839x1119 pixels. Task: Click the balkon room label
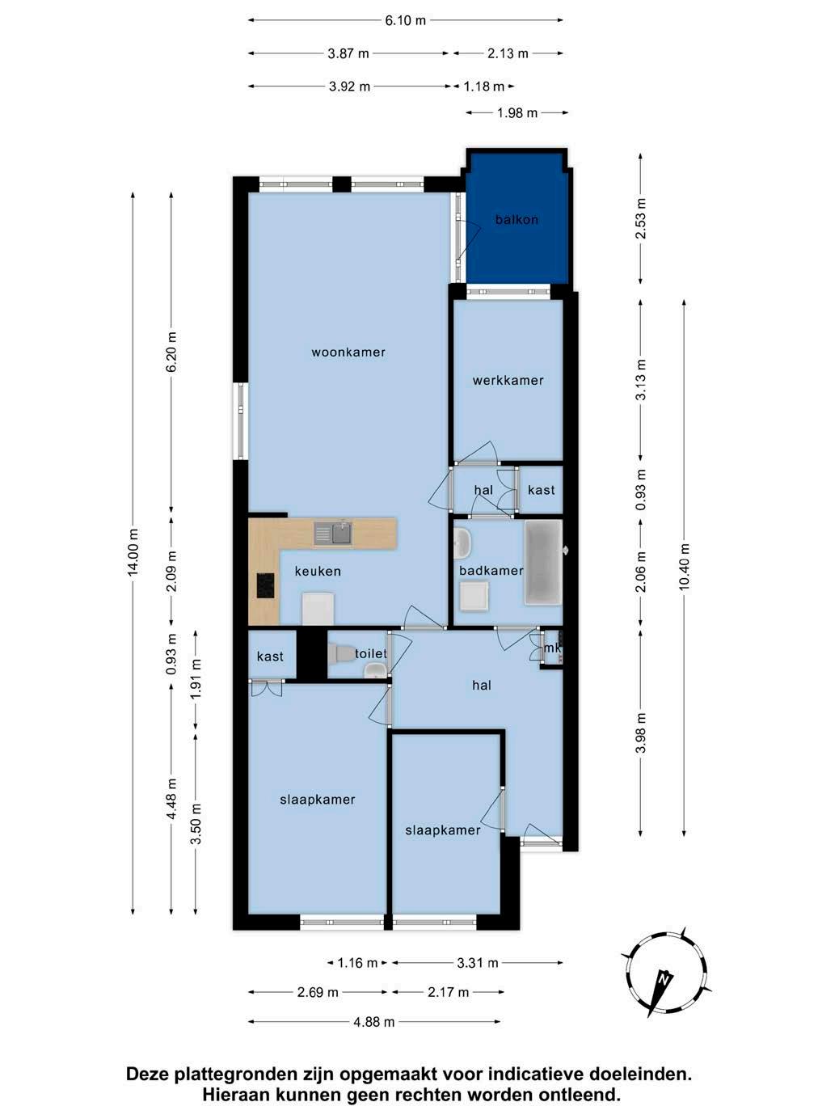pos(516,220)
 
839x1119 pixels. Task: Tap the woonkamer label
pos(348,353)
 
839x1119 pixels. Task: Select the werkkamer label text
pos(508,380)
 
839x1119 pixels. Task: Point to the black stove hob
pos(265,585)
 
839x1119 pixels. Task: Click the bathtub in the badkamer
pos(543,563)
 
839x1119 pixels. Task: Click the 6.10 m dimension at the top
pos(405,21)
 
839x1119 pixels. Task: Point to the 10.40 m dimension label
pos(684,567)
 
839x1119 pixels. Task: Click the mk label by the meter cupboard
pos(552,648)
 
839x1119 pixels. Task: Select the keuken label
pos(318,572)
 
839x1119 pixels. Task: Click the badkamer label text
pos(491,571)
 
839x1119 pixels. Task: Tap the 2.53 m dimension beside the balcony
pos(641,218)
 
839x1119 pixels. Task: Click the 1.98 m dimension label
pos(517,113)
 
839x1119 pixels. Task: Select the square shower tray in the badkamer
pos(474,597)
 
